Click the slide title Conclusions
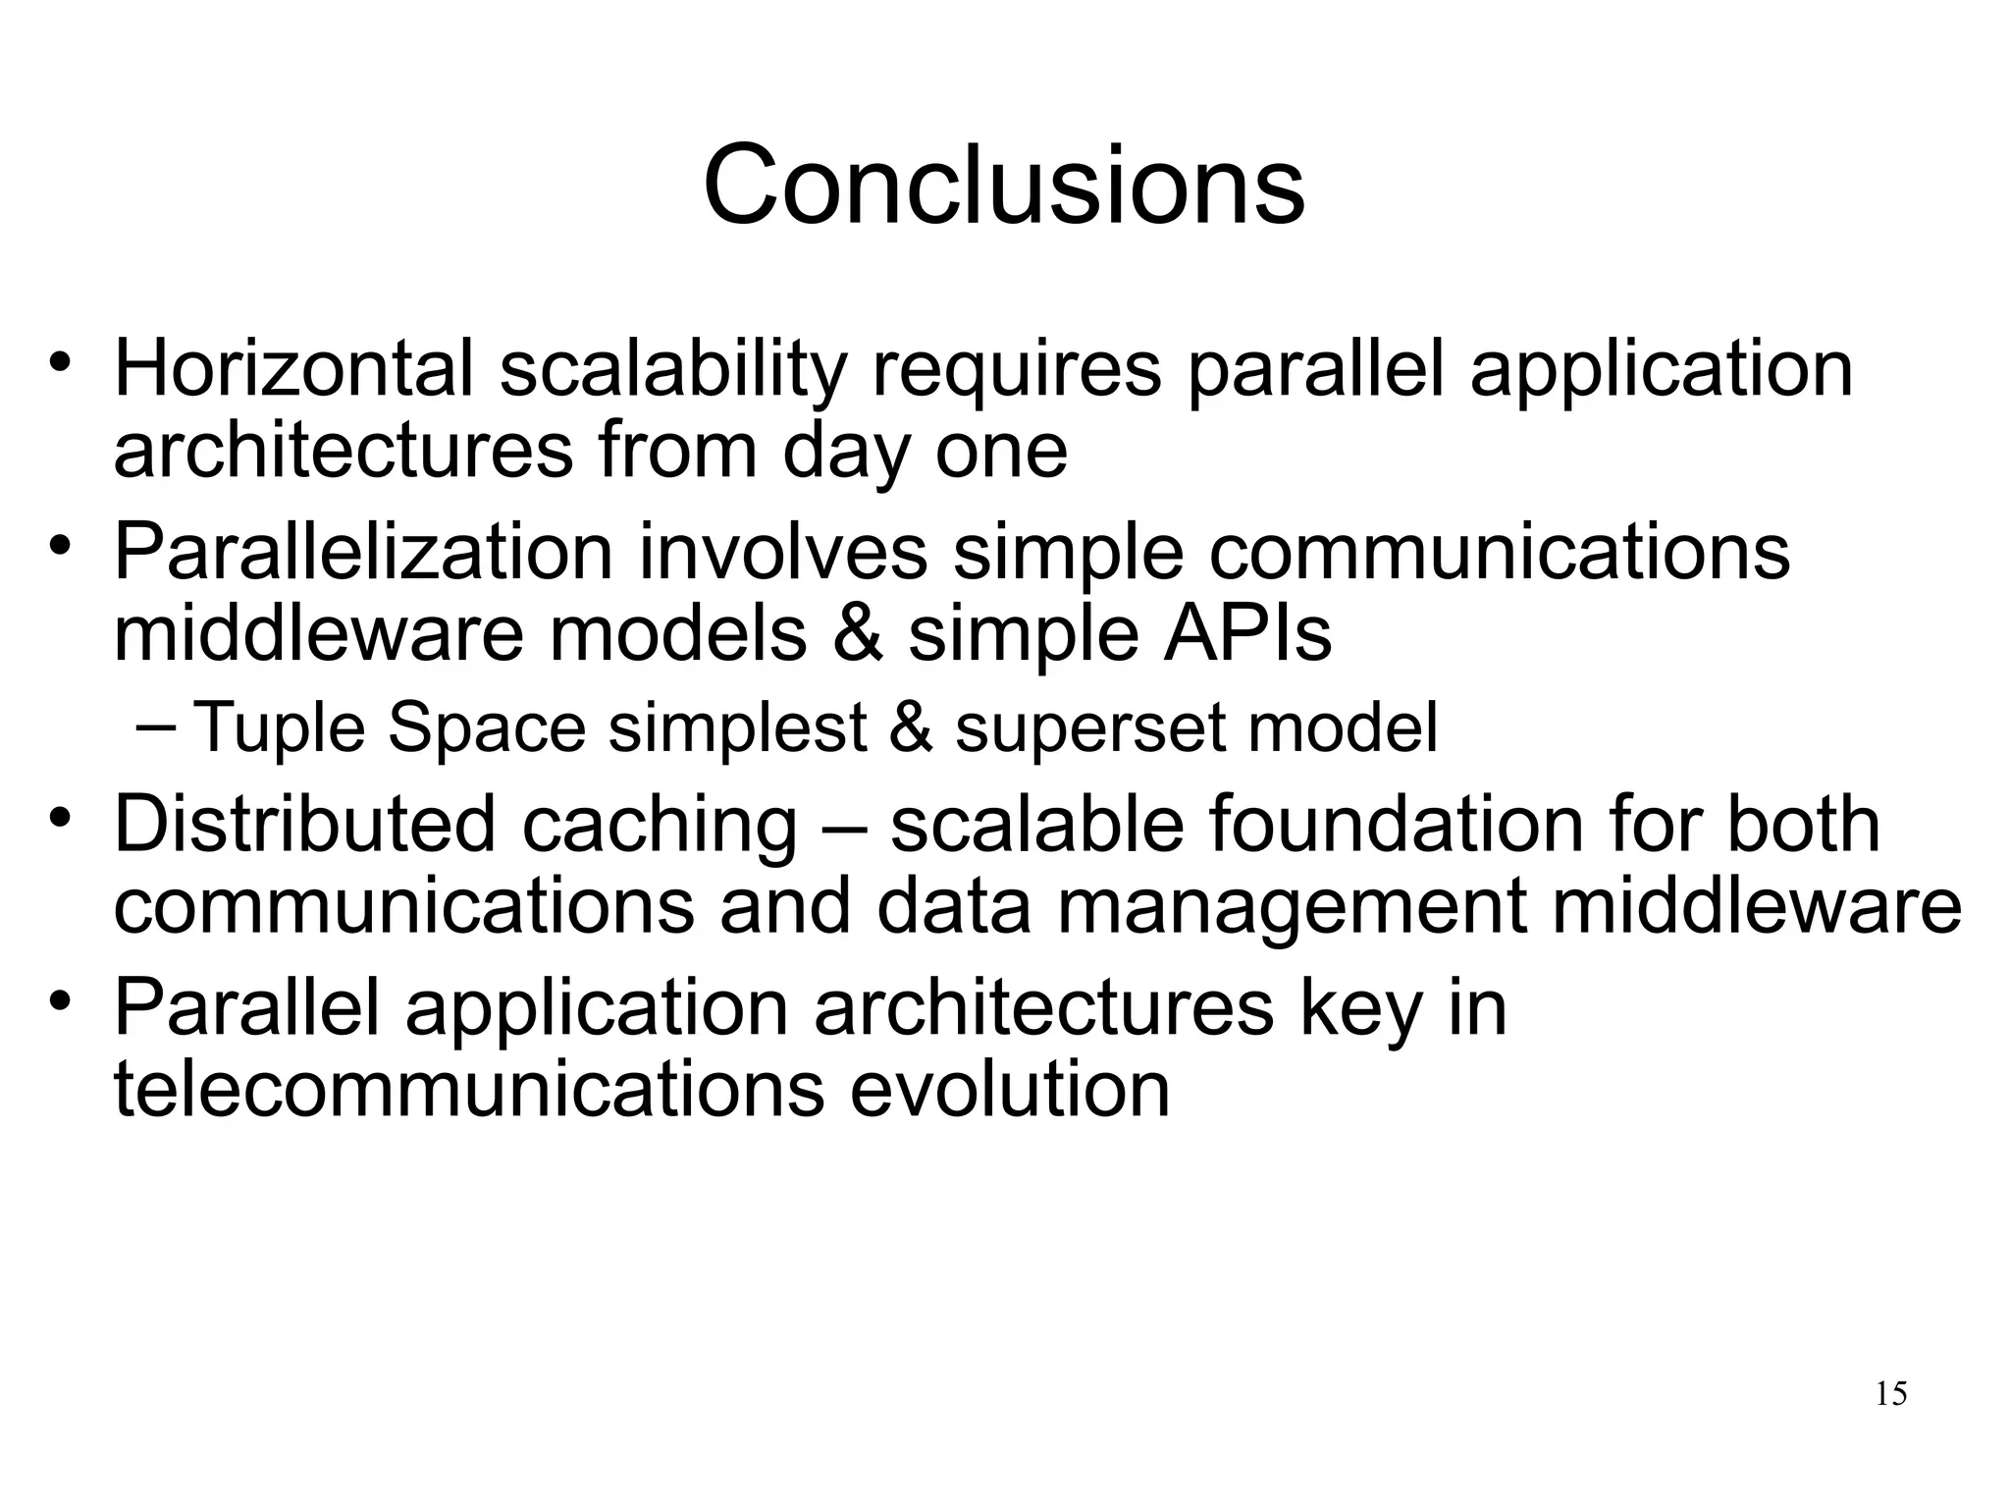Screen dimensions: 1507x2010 (x=1004, y=185)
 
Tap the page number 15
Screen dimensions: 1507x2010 (x=1890, y=1394)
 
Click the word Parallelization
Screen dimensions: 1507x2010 (x=363, y=553)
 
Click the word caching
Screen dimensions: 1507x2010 (x=660, y=826)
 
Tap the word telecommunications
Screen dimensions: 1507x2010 (x=469, y=1089)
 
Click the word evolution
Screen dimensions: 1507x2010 (x=1010, y=1089)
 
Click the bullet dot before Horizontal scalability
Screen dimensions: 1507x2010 (x=61, y=364)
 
